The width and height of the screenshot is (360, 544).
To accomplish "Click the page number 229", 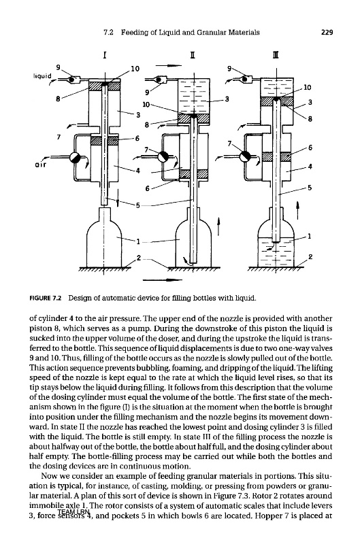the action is [327, 32].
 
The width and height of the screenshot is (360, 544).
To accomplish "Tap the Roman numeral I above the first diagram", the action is [105, 55].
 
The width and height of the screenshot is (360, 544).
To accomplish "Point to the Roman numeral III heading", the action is [276, 55].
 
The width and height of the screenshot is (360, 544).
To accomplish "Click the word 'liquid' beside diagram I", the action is [42, 75].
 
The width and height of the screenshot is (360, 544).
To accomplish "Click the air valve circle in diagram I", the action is [75, 158].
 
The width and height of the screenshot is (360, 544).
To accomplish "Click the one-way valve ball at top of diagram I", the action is [71, 80].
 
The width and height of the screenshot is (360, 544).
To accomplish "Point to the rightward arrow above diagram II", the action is [168, 65].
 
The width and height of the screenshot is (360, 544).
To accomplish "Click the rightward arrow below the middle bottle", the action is [163, 279].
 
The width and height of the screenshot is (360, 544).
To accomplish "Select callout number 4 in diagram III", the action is [310, 167].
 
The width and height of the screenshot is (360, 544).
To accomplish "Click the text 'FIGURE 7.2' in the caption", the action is [46, 298].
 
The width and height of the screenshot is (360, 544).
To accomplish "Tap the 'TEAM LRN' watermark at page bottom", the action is [74, 512].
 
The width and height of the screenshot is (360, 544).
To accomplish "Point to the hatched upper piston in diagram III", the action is [277, 101].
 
